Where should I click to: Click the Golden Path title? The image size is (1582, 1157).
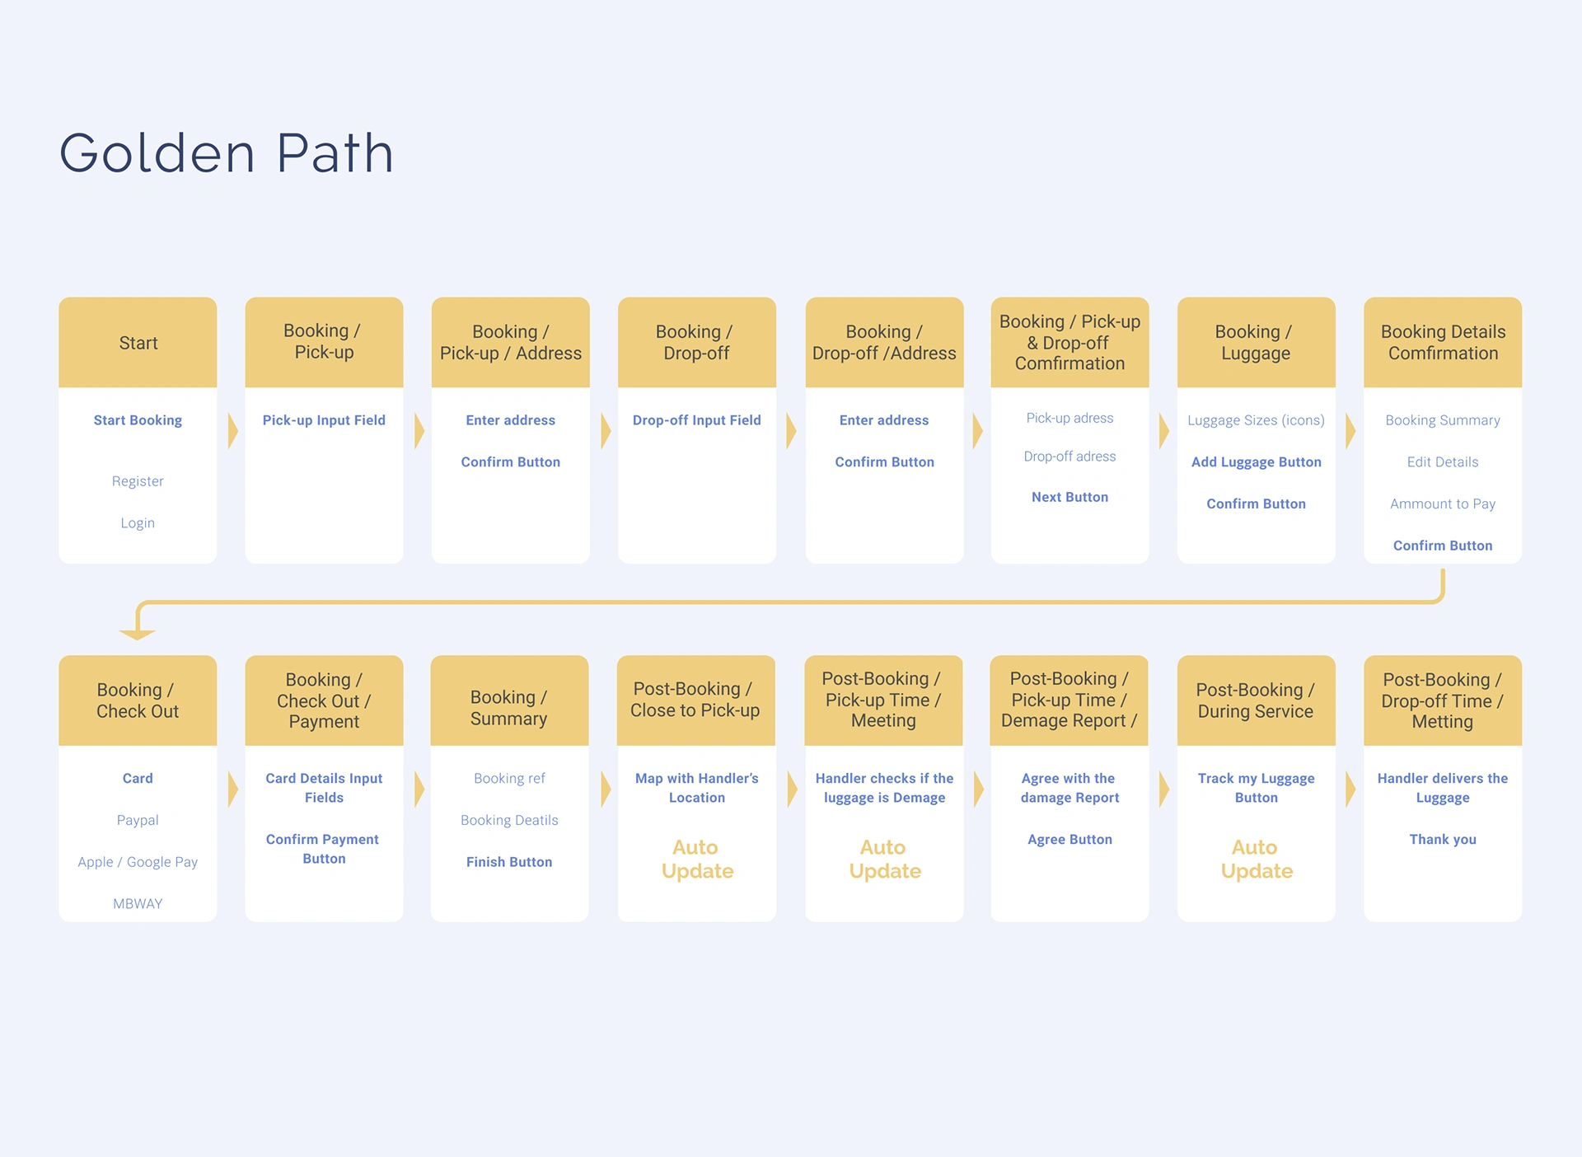point(227,153)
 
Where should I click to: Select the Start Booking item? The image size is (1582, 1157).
point(138,420)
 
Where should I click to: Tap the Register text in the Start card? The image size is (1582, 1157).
point(138,481)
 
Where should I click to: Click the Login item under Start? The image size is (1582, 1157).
point(138,523)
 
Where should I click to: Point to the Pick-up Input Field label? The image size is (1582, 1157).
point(324,420)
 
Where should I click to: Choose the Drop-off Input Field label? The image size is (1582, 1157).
point(697,420)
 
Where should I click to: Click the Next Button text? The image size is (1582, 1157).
point(1069,497)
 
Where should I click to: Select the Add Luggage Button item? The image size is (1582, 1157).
point(1257,462)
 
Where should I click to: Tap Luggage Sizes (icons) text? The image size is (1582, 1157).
point(1257,420)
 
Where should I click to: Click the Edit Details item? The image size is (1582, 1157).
point(1443,462)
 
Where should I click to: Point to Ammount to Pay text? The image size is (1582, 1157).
point(1443,504)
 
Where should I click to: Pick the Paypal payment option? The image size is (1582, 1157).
point(138,821)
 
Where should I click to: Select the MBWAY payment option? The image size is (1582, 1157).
point(138,904)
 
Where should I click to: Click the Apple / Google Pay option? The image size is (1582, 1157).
point(138,862)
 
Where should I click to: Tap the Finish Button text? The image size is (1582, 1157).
point(509,862)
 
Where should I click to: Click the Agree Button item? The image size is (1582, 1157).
point(1069,840)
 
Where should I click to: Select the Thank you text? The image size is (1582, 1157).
point(1443,840)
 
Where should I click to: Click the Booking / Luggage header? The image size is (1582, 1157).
point(1256,343)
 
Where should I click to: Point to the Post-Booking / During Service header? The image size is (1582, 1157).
point(1256,700)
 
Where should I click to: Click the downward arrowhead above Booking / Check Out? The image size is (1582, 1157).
point(138,635)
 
